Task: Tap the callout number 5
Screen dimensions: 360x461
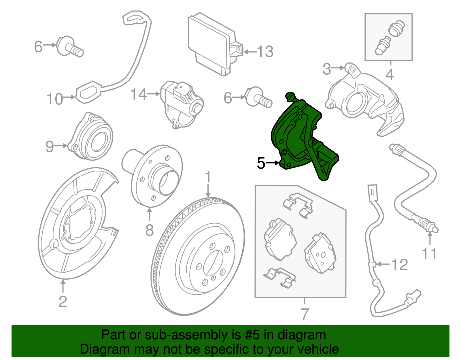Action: (261, 163)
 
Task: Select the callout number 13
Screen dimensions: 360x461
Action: (265, 52)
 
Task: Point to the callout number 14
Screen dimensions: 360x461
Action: (139, 94)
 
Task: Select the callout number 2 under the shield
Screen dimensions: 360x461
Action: (63, 302)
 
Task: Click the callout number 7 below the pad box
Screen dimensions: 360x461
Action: (305, 314)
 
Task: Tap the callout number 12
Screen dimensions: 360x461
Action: (400, 265)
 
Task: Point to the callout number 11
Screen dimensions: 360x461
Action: (429, 254)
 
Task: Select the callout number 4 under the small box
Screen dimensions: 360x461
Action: (390, 75)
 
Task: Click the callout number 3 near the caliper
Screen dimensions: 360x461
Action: (327, 69)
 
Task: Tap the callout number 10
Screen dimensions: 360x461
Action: (55, 99)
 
